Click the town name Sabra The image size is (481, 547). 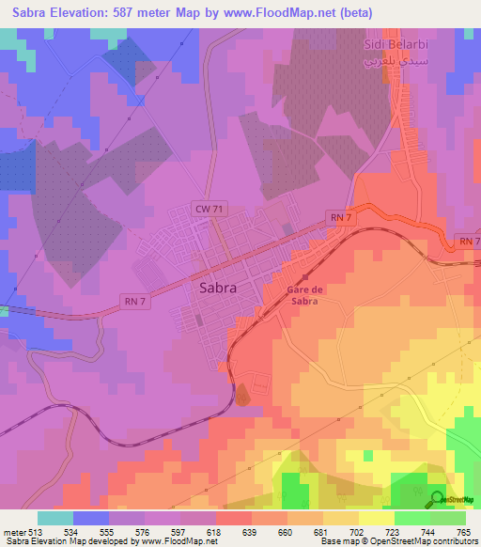(x=218, y=289)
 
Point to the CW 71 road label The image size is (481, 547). (x=208, y=208)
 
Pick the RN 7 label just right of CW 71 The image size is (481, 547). (x=340, y=217)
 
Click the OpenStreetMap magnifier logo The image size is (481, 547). (x=438, y=500)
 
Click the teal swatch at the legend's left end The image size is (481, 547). (x=54, y=518)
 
